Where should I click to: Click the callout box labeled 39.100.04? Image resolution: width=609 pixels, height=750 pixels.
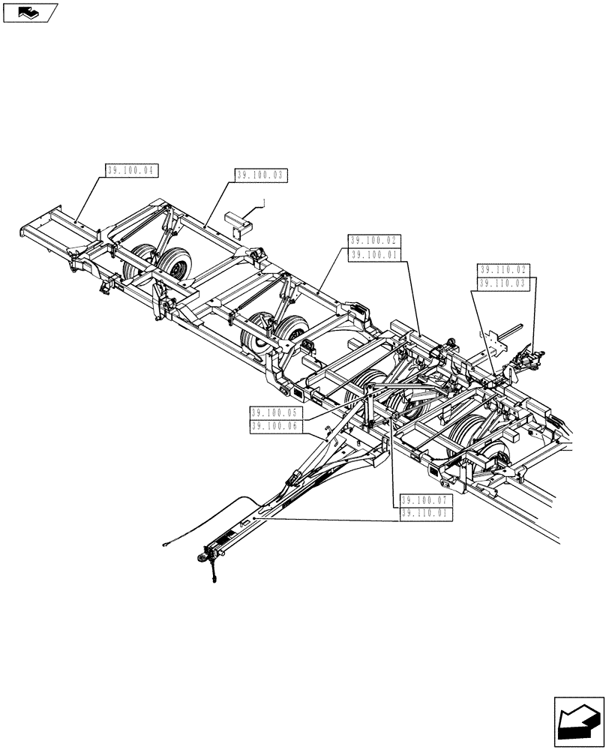(130, 171)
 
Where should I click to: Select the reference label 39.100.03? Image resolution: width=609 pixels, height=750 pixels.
(261, 175)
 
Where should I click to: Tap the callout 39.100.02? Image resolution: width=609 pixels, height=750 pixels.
(375, 241)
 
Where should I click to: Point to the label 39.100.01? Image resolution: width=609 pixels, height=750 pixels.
(375, 255)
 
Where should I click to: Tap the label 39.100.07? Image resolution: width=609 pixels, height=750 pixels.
(426, 500)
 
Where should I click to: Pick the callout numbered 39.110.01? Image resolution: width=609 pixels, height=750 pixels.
(426, 514)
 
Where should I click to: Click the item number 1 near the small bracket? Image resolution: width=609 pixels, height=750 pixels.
(263, 202)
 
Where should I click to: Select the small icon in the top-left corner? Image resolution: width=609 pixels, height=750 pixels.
(30, 12)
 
